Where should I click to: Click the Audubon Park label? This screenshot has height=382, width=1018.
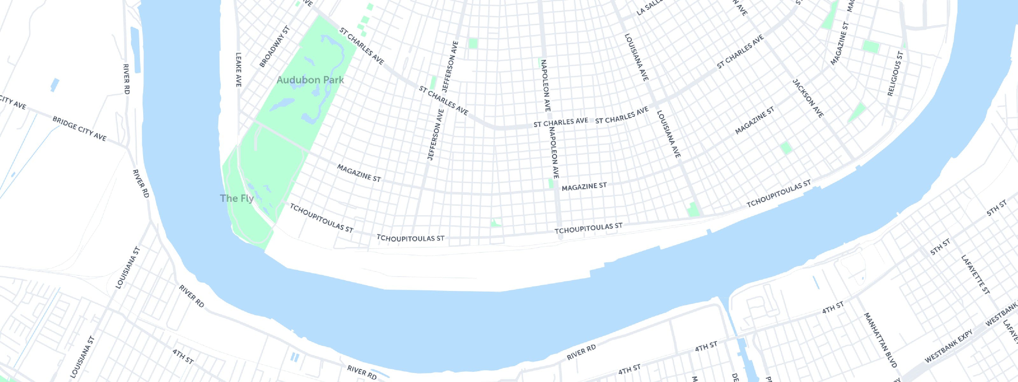point(310,80)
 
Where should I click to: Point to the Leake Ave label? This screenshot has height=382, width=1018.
point(238,70)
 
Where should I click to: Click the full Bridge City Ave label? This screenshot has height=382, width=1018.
point(80,129)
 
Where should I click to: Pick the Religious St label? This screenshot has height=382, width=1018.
point(896,74)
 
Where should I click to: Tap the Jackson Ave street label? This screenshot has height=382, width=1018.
point(808,98)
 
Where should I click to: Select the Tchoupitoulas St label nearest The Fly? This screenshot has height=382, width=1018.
point(321,218)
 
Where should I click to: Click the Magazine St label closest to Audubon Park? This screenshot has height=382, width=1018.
point(359,173)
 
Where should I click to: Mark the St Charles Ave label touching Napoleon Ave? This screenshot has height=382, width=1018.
point(561,122)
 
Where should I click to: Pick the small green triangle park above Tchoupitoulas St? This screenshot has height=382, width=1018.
point(495,223)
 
